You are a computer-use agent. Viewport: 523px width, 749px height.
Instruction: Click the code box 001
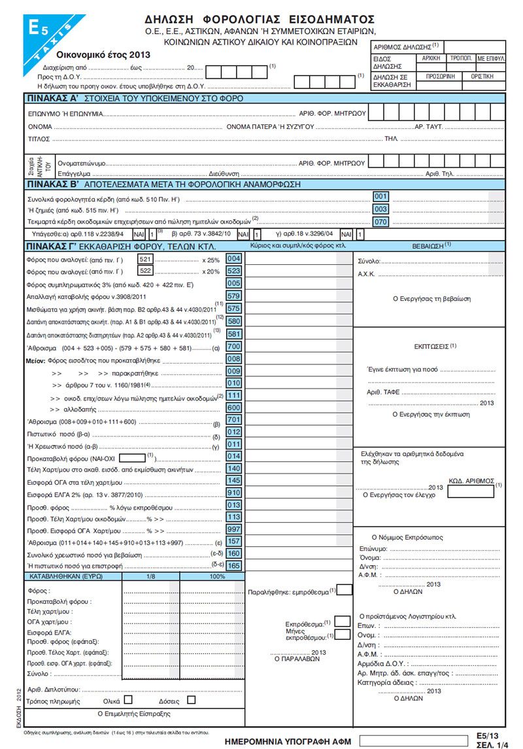pyautogui.click(x=380, y=196)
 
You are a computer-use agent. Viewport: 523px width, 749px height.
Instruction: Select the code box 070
pyautogui.click(x=380, y=222)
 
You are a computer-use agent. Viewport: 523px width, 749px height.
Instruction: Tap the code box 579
pyautogui.click(x=233, y=296)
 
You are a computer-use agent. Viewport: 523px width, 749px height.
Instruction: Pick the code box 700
pyautogui.click(x=233, y=346)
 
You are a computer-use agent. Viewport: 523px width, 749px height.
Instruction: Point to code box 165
pyautogui.click(x=233, y=565)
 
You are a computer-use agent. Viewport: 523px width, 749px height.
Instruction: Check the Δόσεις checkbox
pyautogui.click(x=191, y=699)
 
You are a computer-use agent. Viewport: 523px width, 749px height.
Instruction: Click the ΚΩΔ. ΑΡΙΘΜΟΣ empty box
pyautogui.click(x=471, y=491)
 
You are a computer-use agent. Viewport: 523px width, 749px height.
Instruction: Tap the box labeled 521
pyautogui.click(x=145, y=259)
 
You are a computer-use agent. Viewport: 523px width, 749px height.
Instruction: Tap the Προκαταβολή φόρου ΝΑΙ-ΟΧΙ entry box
pyautogui.click(x=133, y=456)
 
